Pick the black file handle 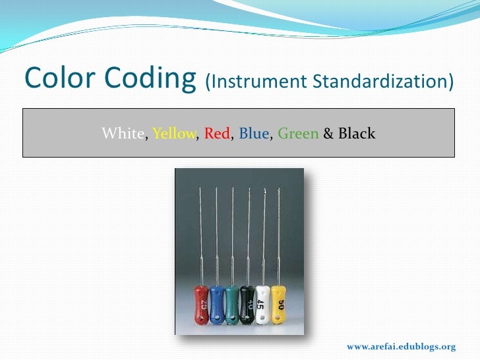pyautogui.click(x=247, y=305)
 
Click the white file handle pyautogui.click(x=262, y=305)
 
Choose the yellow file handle pyautogui.click(x=278, y=305)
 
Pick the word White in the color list pyautogui.click(x=122, y=134)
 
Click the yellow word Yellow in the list pyautogui.click(x=174, y=134)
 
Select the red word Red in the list pyautogui.click(x=217, y=134)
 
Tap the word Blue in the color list pyautogui.click(x=254, y=134)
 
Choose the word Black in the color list pyautogui.click(x=357, y=134)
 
